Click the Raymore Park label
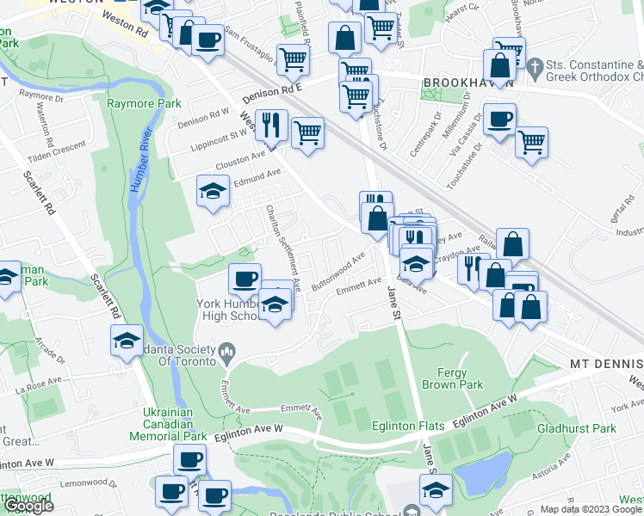pyautogui.click(x=144, y=103)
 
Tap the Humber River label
pyautogui.click(x=145, y=151)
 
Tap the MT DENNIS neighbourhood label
pyautogui.click(x=606, y=364)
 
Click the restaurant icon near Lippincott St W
pyautogui.click(x=272, y=125)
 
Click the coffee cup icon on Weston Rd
pyautogui.click(x=207, y=40)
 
